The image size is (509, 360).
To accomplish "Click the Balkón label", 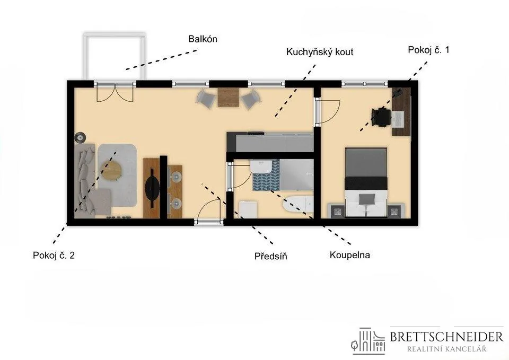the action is (203, 39).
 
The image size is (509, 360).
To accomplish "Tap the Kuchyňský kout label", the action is (320, 52).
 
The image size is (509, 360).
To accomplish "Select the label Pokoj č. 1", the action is (428, 50).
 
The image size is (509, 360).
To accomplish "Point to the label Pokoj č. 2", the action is (54, 255).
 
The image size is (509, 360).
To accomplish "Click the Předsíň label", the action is (271, 256).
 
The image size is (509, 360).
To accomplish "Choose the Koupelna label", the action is (349, 255).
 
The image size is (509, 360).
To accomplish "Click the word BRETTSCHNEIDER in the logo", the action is (446, 337).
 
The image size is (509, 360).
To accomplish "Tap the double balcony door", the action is (115, 93).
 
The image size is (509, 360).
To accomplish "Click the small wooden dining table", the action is (228, 98).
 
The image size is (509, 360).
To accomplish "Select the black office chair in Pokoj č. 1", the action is (381, 117).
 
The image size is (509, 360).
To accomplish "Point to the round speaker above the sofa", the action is (80, 138).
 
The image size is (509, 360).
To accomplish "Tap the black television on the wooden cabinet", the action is (152, 188).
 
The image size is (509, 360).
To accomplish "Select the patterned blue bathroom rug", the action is (266, 175).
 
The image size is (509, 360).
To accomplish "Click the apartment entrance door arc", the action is (209, 208).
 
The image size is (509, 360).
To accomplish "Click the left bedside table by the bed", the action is (338, 211).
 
